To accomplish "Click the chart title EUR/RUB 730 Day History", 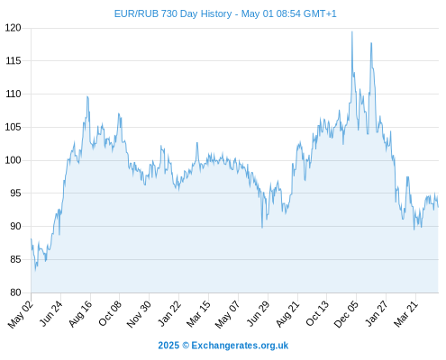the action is point(173,13).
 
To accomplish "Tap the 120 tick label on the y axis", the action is point(14,28).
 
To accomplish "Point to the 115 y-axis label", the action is point(14,61).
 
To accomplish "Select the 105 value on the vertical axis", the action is point(14,127).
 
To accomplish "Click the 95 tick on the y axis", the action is point(15,193).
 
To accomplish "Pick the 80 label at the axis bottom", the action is point(15,292).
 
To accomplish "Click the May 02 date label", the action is point(20,314).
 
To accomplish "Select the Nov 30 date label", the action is point(139,314).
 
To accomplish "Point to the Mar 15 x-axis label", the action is point(198,314).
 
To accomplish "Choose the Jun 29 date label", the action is point(258,313).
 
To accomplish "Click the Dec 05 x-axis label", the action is point(346,314).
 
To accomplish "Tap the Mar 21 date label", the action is point(405,314).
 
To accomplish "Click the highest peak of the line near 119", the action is point(352,31).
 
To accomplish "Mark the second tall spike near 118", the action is point(371,43).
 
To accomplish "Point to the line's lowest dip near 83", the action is point(35,270).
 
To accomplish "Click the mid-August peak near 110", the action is point(87,96).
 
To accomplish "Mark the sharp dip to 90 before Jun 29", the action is point(262,228).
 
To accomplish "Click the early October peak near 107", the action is point(119,113).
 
